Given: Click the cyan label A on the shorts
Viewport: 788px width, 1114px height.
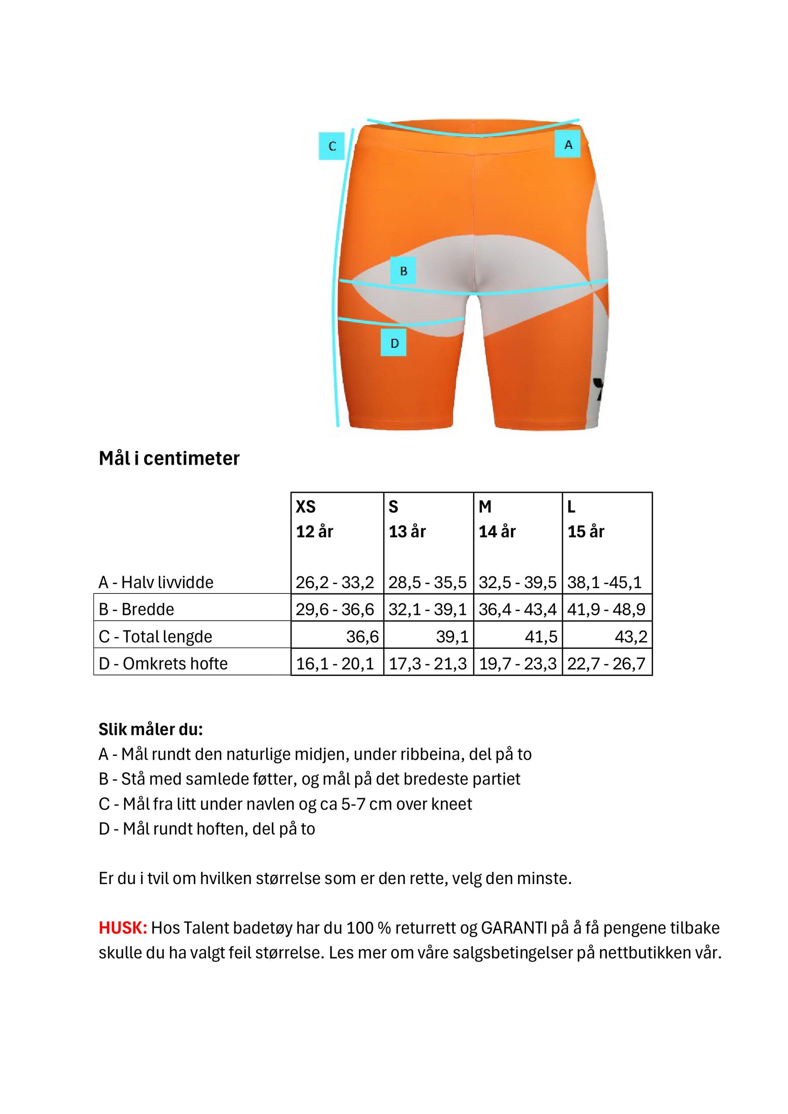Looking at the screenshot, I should tap(568, 144).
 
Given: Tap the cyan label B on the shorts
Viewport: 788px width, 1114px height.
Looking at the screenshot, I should tap(403, 271).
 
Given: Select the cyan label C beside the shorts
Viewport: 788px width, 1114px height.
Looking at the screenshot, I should tap(332, 146).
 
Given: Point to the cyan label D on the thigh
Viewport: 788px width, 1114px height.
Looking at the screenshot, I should tap(394, 343).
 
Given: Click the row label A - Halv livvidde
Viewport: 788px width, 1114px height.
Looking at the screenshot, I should tap(156, 582).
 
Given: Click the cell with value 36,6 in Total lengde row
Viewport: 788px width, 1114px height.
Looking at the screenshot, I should tap(362, 637).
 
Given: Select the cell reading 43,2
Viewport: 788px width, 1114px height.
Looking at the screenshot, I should tap(630, 637).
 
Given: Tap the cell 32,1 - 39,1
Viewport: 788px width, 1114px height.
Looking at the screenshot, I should tap(428, 609).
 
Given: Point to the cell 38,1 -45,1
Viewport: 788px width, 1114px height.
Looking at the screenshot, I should tap(604, 582).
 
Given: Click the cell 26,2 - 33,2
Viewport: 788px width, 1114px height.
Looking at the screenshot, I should tap(335, 582).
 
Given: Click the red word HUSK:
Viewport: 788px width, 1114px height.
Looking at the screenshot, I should tap(123, 928).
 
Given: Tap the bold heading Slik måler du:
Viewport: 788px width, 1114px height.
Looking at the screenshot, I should tap(150, 729).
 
